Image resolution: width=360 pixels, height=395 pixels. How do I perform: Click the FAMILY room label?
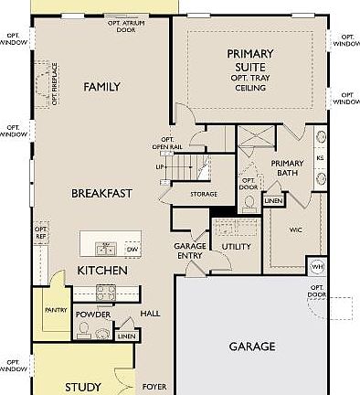coord(102,87)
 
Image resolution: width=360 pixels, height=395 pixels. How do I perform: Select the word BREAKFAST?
coord(102,193)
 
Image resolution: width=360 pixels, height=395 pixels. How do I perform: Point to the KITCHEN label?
coord(102,271)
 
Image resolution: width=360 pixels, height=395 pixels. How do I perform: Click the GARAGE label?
coord(252,347)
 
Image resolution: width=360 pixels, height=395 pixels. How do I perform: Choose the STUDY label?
coord(83,387)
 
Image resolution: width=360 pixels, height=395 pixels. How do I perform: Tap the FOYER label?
coord(154,387)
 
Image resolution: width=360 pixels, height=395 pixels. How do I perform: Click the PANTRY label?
coord(57,311)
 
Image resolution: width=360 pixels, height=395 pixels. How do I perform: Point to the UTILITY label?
coord(237,247)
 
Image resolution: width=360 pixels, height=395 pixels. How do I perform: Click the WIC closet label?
coord(296,230)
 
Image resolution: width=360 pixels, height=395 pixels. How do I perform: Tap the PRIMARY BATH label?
coord(293,169)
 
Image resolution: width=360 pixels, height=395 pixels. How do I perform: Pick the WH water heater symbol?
coord(317,266)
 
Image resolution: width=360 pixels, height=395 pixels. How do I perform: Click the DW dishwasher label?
coord(132,249)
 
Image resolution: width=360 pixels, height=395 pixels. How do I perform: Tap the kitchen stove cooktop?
coord(105,294)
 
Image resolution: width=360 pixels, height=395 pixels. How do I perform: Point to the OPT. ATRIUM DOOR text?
coord(126,26)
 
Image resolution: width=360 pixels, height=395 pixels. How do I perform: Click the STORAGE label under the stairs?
coord(204,194)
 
